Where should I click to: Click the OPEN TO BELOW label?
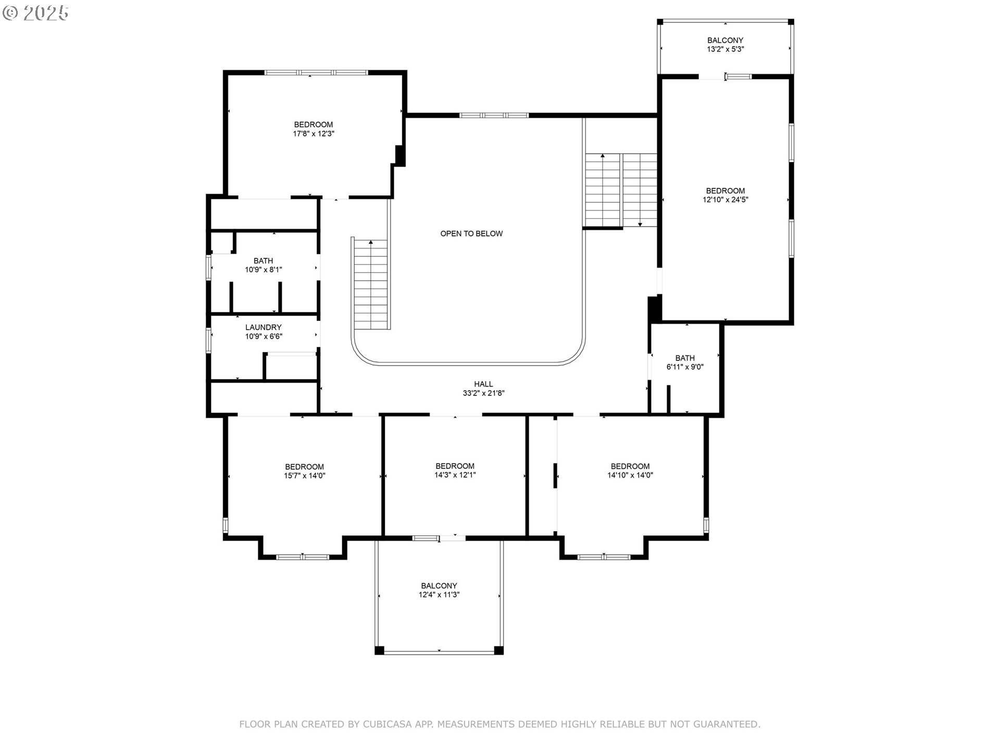pos(471,233)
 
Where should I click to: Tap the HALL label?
pos(483,384)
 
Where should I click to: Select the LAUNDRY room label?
pos(263,327)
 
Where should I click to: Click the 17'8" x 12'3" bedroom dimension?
pos(313,134)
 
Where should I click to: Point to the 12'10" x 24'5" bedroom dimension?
pos(725,199)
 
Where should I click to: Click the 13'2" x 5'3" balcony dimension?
pos(725,49)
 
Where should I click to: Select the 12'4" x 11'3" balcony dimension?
pos(439,595)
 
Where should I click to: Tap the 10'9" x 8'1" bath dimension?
pos(263,270)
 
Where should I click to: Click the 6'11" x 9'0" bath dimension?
pos(685,367)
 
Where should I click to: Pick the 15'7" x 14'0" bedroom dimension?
pos(304,476)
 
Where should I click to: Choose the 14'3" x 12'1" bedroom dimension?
pos(455,475)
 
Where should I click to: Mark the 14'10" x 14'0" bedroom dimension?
pos(630,475)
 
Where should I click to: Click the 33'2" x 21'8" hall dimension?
pos(483,393)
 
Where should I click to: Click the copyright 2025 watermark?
pos(35,13)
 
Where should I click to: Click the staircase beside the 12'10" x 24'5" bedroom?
pos(621,190)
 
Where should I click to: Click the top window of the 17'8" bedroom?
pos(316,72)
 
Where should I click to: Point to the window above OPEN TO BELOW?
pos(493,115)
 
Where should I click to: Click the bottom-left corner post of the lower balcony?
pos(379,650)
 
